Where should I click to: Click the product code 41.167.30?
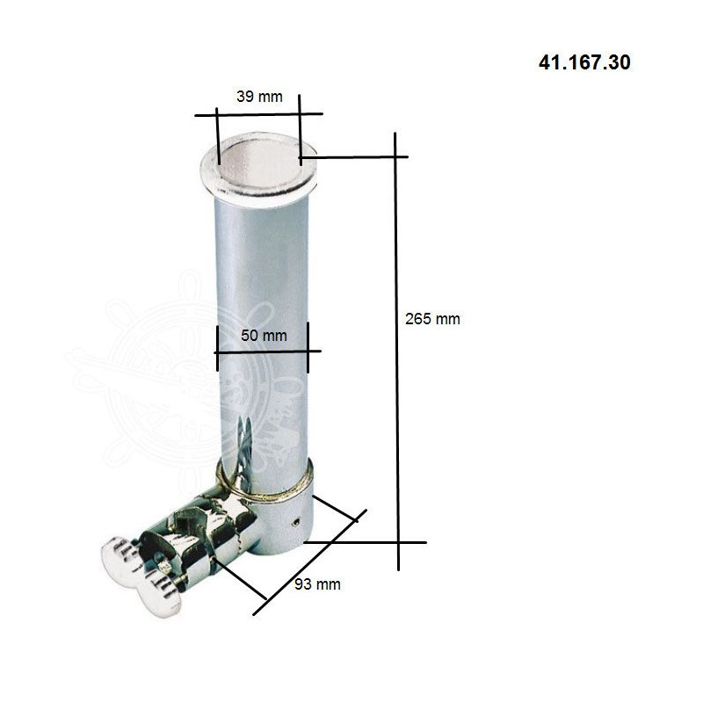[x=584, y=62]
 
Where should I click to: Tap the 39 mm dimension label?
[x=259, y=97]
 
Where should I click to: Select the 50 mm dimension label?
[x=264, y=336]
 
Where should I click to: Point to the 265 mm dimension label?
[x=432, y=319]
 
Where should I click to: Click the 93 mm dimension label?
[x=317, y=584]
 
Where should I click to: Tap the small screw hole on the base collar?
[x=296, y=521]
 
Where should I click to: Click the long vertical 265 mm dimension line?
[x=397, y=351]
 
